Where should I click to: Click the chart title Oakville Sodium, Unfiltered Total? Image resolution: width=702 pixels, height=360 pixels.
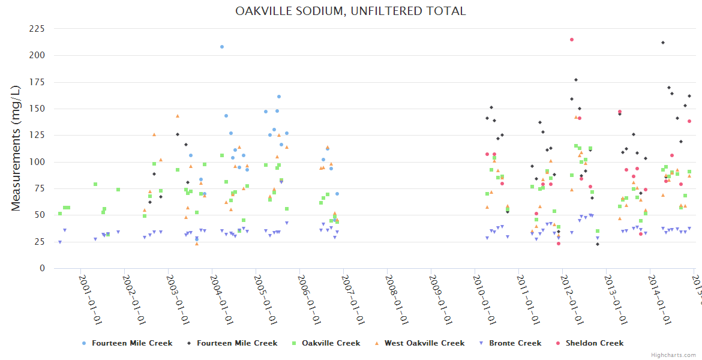pyautogui.click(x=350, y=11)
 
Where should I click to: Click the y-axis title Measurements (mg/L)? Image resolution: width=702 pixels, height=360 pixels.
pyautogui.click(x=16, y=148)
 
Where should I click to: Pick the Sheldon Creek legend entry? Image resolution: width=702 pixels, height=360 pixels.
pyautogui.click(x=594, y=343)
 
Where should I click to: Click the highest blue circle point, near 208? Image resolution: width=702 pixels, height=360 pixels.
pyautogui.click(x=222, y=47)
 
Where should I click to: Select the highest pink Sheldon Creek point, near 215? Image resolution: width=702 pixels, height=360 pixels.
pyautogui.click(x=572, y=40)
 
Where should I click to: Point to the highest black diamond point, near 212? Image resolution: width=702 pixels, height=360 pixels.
pyautogui.click(x=663, y=43)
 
